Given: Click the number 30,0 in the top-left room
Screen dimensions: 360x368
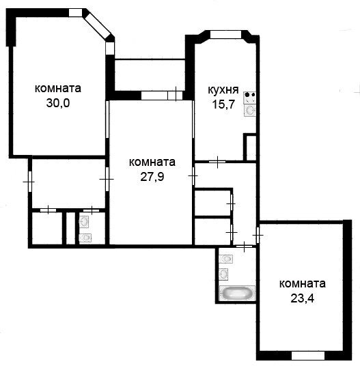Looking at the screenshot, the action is [x=58, y=103].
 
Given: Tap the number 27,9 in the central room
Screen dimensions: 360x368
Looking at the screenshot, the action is [x=152, y=177].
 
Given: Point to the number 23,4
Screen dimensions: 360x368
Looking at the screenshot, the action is [x=302, y=298].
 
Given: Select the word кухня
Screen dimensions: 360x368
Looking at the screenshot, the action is [x=223, y=90].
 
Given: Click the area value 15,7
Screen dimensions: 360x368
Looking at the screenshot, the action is [x=223, y=104].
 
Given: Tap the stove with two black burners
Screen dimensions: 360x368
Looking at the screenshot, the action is [x=250, y=98].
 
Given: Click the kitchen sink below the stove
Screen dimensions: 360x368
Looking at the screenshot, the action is [x=250, y=110].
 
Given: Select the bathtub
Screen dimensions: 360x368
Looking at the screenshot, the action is [x=237, y=293].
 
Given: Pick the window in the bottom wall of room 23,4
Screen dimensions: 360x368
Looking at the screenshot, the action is [x=308, y=356].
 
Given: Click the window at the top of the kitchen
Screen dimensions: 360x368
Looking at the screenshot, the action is [x=225, y=34].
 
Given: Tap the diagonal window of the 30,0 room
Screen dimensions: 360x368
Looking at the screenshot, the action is [x=97, y=25].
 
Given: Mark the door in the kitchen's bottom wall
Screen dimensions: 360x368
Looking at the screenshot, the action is [x=217, y=162].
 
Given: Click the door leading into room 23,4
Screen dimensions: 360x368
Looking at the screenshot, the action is [x=258, y=235].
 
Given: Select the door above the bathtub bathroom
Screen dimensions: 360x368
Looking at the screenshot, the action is [x=245, y=246].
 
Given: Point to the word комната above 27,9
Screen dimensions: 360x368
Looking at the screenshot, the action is [x=152, y=162].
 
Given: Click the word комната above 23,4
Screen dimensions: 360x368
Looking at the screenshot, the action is [x=302, y=284].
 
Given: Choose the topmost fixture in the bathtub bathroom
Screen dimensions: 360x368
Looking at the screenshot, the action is [x=225, y=259].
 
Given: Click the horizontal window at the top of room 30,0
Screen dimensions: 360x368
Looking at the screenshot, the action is [x=75, y=13].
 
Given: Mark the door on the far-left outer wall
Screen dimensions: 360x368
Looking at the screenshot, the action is [x=29, y=182].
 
